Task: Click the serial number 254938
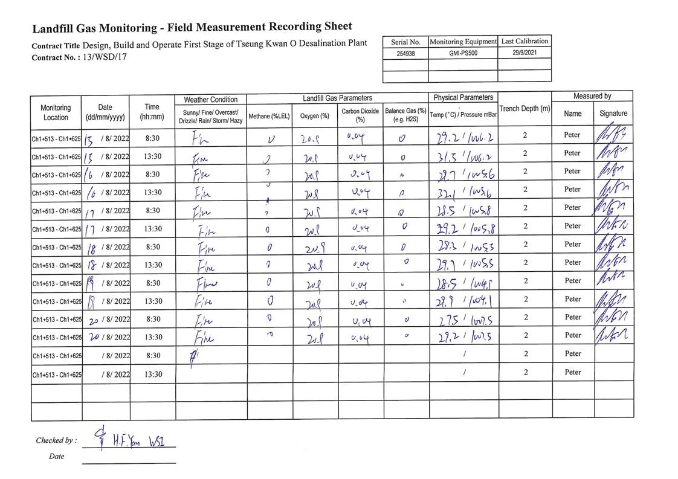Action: click(x=405, y=53)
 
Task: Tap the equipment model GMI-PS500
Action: click(x=463, y=53)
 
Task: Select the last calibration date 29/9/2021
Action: click(x=525, y=53)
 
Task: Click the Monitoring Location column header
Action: click(x=56, y=112)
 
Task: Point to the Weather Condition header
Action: click(x=211, y=99)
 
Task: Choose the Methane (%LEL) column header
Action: click(x=270, y=115)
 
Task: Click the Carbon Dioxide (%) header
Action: click(x=360, y=115)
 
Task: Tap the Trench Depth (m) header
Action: click(x=525, y=109)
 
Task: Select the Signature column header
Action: click(x=613, y=114)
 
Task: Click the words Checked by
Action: click(x=56, y=440)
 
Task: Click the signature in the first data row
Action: click(x=613, y=135)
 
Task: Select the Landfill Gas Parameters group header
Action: click(x=337, y=98)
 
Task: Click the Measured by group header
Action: click(x=592, y=96)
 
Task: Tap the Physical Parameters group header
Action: click(x=463, y=97)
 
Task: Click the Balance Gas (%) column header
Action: click(x=405, y=115)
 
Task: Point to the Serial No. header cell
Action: click(x=405, y=42)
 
